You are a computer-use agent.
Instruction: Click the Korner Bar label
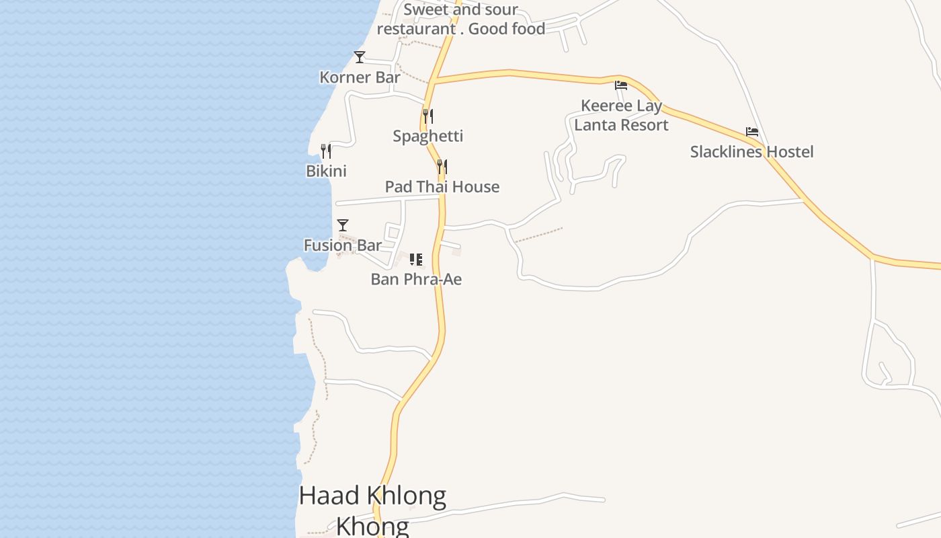[360, 77]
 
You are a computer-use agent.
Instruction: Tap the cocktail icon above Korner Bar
[360, 57]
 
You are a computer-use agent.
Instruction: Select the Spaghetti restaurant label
[428, 136]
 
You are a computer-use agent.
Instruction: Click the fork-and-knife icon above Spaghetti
[428, 116]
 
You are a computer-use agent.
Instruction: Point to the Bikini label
[326, 171]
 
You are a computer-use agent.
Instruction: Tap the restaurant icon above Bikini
[326, 151]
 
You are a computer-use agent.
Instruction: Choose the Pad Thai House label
[442, 186]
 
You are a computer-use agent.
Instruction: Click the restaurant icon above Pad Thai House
[442, 166]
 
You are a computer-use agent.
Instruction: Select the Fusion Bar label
[342, 245]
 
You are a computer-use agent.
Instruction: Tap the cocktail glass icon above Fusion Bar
[343, 225]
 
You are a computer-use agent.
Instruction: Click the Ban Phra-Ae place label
[416, 279]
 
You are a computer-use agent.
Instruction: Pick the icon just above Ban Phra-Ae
[416, 259]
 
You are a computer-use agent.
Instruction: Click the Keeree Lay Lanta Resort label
[621, 115]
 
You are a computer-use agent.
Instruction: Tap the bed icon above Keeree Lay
[621, 85]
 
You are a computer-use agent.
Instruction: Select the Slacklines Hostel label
[751, 151]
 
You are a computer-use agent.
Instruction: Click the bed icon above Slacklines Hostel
[752, 132]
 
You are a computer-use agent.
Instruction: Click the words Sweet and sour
[460, 9]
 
